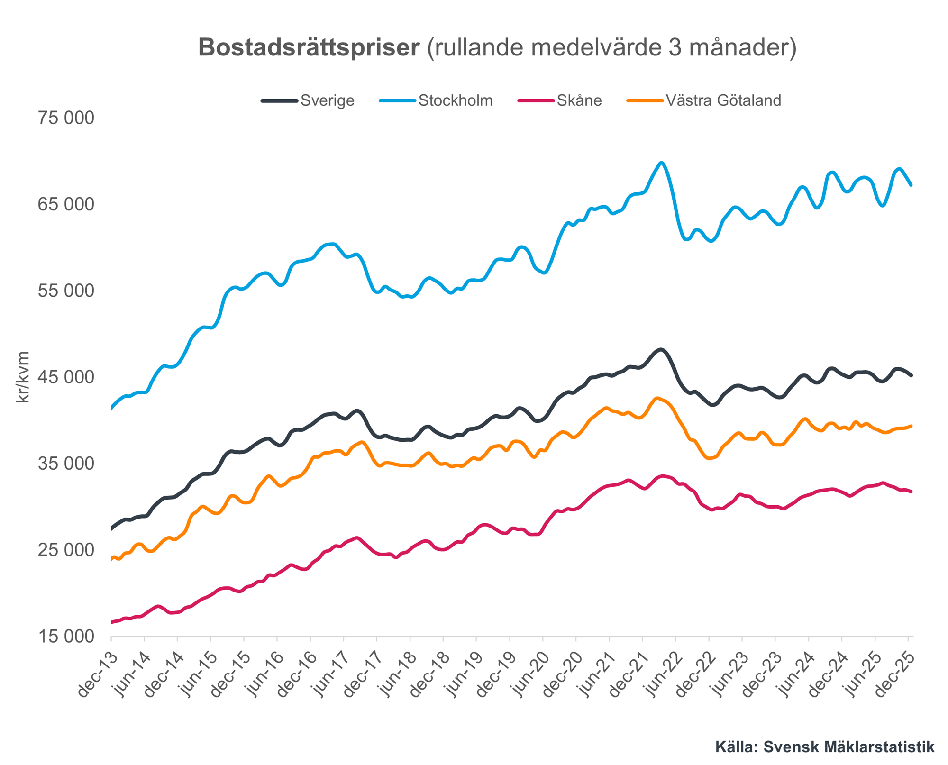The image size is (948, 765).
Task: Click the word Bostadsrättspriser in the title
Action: click(309, 48)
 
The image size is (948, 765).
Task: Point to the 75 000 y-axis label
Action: click(66, 118)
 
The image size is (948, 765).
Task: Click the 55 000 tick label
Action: click(66, 291)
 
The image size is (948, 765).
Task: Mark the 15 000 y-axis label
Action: click(66, 637)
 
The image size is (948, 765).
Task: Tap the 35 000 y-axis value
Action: click(66, 464)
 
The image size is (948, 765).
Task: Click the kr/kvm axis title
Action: click(23, 377)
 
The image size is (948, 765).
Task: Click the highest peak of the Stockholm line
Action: click(662, 163)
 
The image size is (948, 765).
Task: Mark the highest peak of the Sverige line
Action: click(661, 350)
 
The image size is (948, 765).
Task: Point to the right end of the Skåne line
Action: click(911, 492)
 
